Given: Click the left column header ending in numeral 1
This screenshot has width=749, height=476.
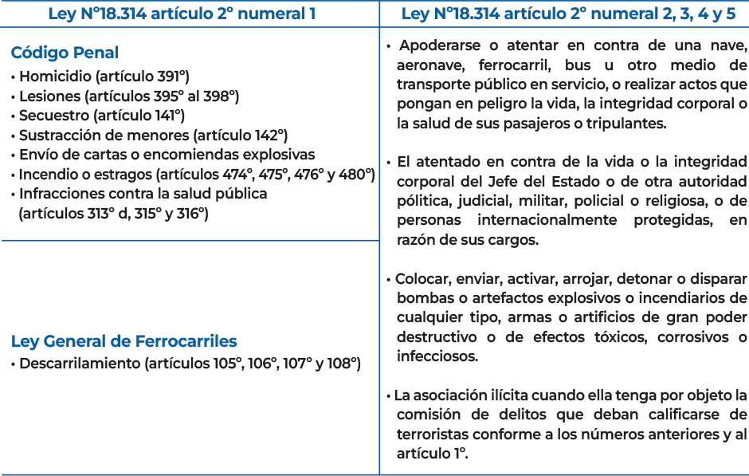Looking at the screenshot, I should click(182, 14).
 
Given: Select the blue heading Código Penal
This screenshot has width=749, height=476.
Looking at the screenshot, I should click(65, 53).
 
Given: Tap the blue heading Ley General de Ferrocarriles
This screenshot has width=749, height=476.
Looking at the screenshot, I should click(124, 341).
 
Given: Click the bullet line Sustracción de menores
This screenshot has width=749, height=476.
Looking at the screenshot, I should click(153, 135).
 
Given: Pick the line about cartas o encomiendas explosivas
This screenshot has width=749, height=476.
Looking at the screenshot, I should click(167, 155).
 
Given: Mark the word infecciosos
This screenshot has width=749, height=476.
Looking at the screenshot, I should click(437, 356).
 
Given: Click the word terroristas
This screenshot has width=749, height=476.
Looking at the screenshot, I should click(432, 434).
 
